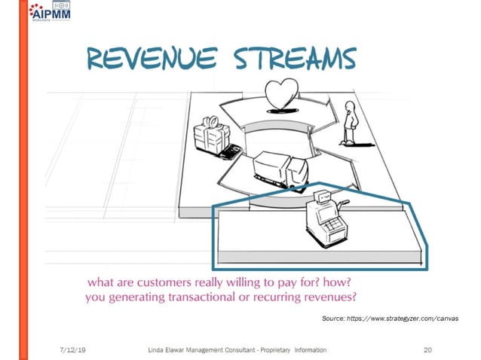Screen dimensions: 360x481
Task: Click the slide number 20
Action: point(428,349)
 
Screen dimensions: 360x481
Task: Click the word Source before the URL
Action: point(334,319)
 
